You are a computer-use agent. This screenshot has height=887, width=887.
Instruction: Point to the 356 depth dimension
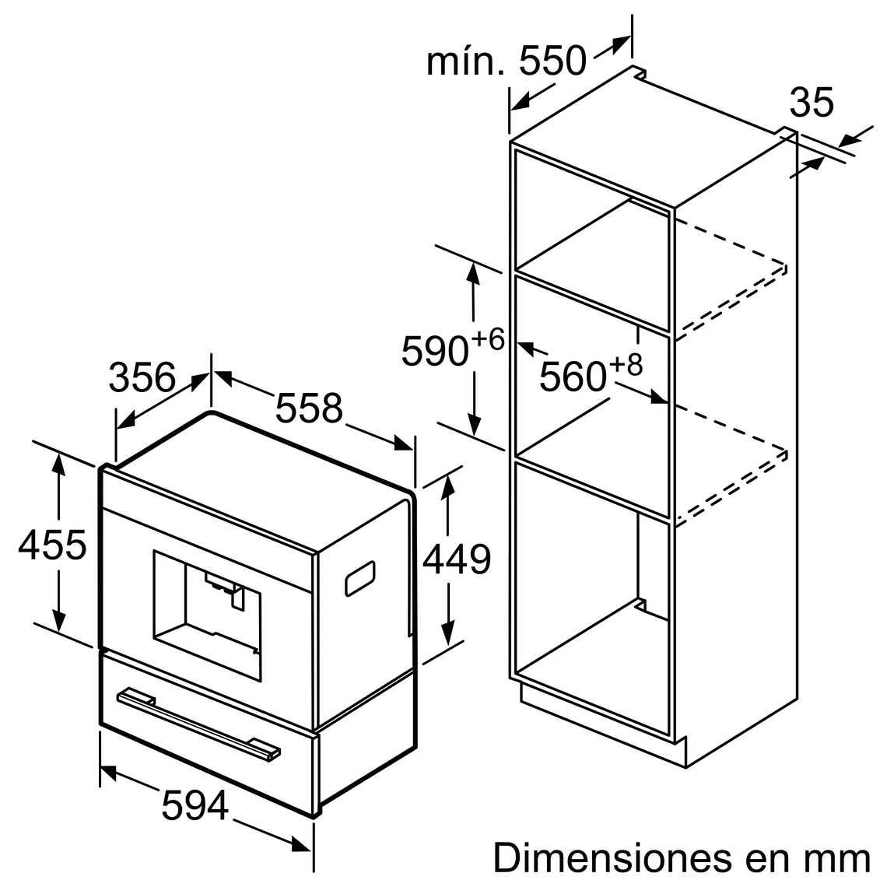click(142, 377)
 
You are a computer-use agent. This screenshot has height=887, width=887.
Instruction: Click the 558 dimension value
click(308, 408)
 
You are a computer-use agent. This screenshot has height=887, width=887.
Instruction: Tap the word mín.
click(465, 61)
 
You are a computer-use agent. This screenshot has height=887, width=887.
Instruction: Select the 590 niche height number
click(435, 351)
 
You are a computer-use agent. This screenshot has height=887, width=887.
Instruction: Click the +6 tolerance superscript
click(488, 339)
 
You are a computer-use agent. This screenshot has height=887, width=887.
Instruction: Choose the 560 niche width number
click(573, 377)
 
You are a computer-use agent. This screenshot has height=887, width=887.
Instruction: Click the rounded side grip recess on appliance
click(360, 577)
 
